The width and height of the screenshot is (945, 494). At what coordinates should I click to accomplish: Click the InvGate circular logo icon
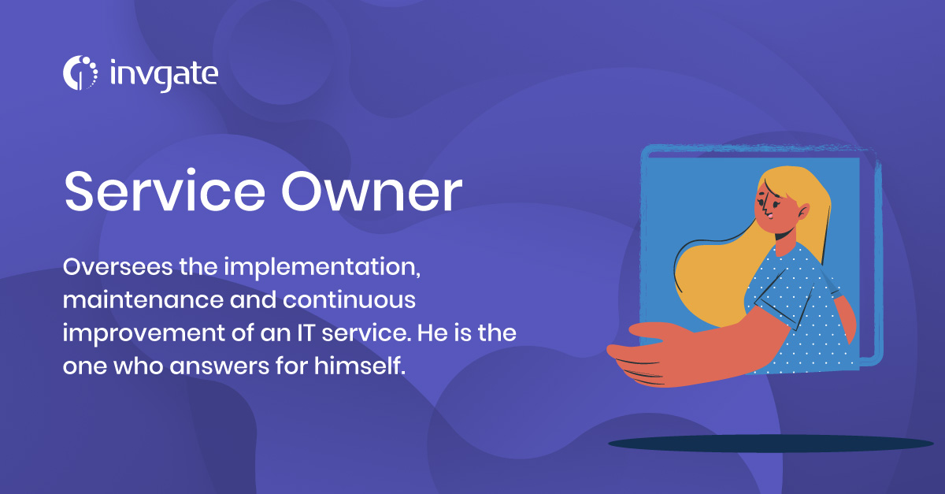click(x=80, y=72)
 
